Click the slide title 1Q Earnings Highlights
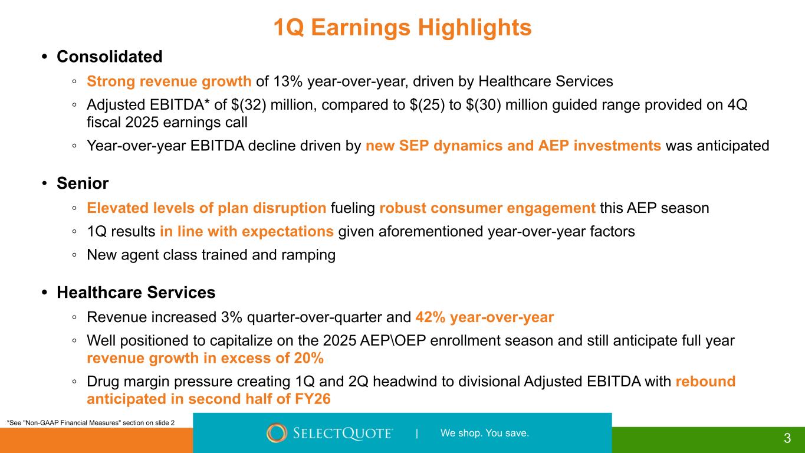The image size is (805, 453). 402,27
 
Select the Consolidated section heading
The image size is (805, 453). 110,57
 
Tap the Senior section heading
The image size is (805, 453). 83,183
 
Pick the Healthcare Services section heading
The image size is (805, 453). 136,293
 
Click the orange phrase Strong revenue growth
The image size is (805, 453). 169,81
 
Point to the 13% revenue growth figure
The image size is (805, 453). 288,81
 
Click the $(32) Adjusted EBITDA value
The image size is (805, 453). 248,105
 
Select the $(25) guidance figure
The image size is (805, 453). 427,105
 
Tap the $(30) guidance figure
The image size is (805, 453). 484,105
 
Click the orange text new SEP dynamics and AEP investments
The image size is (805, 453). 513,146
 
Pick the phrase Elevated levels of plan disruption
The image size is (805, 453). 206,208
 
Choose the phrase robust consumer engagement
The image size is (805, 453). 487,208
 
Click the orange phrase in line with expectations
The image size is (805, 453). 247,232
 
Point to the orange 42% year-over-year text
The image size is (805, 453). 484,317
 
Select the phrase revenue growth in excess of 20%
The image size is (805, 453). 205,358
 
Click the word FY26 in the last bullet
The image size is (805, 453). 313,399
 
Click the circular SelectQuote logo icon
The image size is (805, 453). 277,432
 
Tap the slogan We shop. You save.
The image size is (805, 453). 485,433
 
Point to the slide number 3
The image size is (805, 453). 787,438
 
